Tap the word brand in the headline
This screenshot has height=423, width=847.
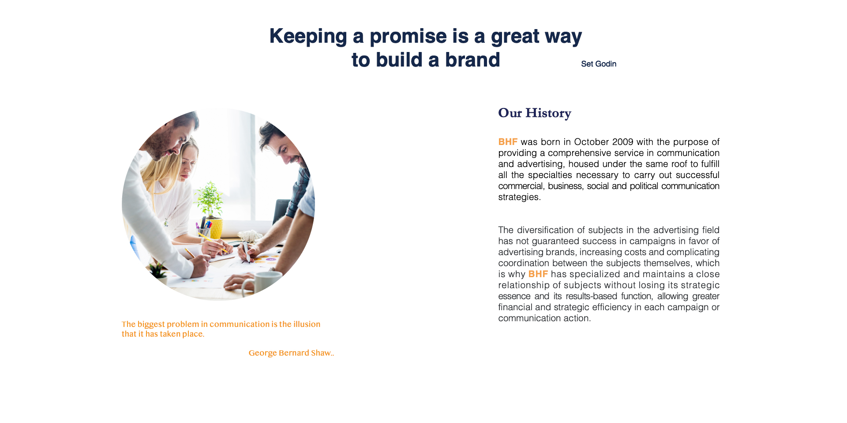[x=472, y=60]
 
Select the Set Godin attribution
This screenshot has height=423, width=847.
[x=599, y=64]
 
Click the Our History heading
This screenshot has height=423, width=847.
[x=535, y=113]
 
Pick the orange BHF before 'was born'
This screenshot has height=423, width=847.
[x=508, y=142]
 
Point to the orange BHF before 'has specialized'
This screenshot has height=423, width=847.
[x=538, y=274]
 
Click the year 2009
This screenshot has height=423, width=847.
[x=622, y=142]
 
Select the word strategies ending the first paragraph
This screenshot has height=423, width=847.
[x=519, y=197]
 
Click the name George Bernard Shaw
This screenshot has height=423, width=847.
[x=290, y=353]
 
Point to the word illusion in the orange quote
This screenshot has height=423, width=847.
[x=307, y=324]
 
